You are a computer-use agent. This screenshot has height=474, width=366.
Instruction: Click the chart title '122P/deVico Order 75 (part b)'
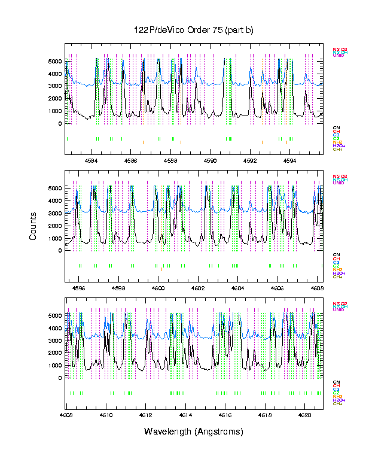click(x=193, y=31)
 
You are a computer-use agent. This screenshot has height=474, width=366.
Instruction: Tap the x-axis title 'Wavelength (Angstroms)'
click(x=193, y=432)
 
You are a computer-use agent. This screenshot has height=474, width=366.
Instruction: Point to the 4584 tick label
click(x=91, y=160)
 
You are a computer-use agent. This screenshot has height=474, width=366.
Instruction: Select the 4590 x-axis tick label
click(x=210, y=160)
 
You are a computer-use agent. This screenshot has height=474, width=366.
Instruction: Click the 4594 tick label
click(x=289, y=160)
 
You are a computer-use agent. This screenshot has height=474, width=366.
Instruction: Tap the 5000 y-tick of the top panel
click(x=54, y=62)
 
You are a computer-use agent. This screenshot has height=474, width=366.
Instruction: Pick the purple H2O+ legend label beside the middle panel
click(x=339, y=273)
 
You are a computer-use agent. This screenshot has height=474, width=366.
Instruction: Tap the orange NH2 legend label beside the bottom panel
click(x=338, y=396)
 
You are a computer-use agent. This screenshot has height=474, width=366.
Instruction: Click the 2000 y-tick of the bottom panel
click(x=54, y=353)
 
